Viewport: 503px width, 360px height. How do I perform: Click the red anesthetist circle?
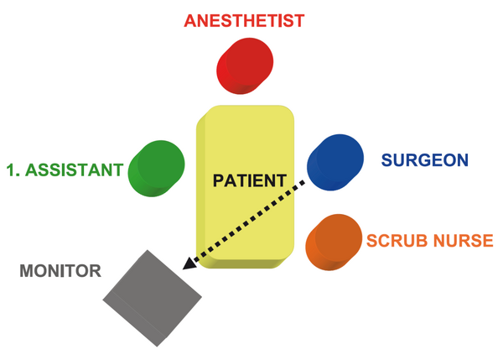(x=245, y=65)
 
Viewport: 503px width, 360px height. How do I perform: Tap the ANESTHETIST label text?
(x=244, y=21)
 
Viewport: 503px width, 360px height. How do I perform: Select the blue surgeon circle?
(x=335, y=162)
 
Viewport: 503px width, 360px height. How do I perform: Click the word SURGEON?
(x=425, y=160)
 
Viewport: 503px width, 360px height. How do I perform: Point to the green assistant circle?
(x=156, y=169)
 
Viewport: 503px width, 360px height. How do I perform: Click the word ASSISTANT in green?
(x=74, y=170)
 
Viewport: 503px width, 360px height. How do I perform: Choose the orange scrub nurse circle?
(x=334, y=243)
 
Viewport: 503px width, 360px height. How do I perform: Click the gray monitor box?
(x=153, y=298)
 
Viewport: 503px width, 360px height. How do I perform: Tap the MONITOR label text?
(x=60, y=271)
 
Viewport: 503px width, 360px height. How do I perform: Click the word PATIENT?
(x=250, y=180)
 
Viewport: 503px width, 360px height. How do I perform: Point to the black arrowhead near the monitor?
(x=189, y=263)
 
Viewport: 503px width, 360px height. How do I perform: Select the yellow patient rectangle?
(x=246, y=186)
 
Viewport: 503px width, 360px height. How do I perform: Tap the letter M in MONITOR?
(x=27, y=271)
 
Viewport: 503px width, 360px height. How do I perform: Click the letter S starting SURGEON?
(x=386, y=160)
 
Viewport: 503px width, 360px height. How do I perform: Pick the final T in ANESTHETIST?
(x=298, y=21)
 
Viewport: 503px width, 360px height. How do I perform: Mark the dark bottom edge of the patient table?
(x=244, y=263)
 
